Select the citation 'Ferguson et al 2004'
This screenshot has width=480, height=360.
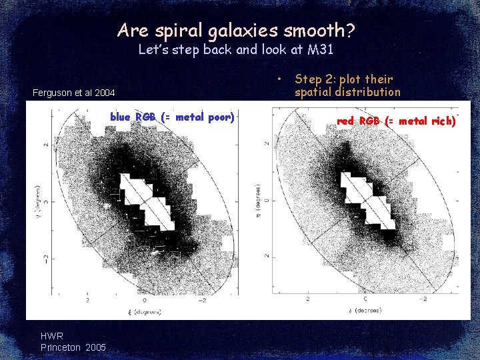(x=73, y=93)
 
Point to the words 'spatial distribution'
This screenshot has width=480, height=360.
(x=347, y=92)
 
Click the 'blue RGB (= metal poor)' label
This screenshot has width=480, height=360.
(x=172, y=117)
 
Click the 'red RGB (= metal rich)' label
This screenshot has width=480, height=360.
(x=396, y=121)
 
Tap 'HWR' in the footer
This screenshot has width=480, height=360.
(x=52, y=337)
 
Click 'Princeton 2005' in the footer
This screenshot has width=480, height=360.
(x=73, y=347)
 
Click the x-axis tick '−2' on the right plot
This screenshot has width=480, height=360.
(x=421, y=300)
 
